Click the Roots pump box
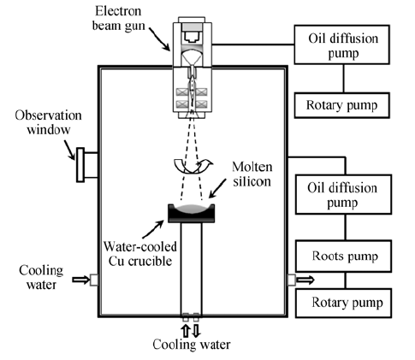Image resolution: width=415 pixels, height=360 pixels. click(x=343, y=256)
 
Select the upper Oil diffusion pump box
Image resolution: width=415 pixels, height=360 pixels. click(x=342, y=44)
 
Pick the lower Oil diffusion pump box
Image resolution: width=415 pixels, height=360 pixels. click(x=343, y=195)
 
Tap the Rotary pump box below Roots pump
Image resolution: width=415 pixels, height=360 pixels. click(x=343, y=303)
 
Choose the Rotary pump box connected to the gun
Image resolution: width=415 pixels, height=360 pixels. click(x=342, y=105)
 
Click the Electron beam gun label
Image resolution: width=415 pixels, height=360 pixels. click(x=118, y=18)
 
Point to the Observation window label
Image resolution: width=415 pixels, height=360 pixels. click(x=48, y=122)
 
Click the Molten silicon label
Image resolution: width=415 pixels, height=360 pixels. click(x=252, y=174)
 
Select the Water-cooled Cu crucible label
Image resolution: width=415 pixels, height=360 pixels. click(x=140, y=254)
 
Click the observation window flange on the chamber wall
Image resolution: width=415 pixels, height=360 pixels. click(x=80, y=165)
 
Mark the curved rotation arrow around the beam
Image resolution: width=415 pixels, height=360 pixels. click(x=193, y=168)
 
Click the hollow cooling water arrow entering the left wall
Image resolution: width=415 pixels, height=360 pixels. click(x=81, y=280)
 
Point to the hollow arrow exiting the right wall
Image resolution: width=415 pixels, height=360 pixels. click(x=305, y=280)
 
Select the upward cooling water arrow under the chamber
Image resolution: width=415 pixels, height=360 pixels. click(x=186, y=331)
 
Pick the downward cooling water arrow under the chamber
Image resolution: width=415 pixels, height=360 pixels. click(x=196, y=331)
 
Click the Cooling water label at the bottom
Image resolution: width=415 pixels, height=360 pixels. click(x=192, y=345)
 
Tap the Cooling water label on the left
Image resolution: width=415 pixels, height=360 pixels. click(x=41, y=277)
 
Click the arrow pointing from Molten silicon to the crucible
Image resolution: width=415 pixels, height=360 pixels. click(x=217, y=188)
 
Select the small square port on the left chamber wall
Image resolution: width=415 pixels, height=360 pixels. click(x=94, y=280)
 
